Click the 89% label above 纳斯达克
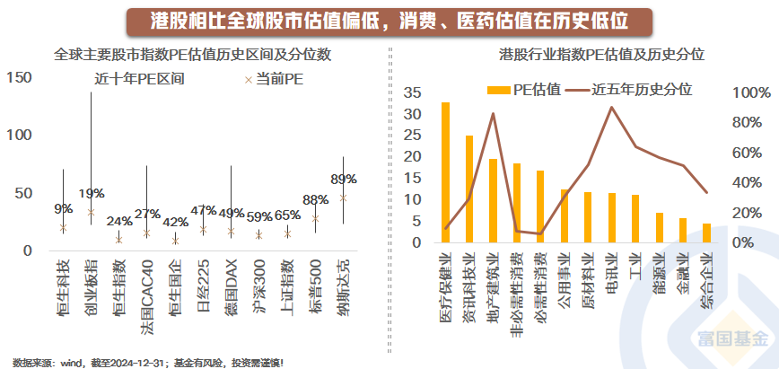coord(344,179)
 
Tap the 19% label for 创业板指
coord(92,193)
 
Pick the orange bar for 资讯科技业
coord(469,189)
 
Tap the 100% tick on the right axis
coord(750,92)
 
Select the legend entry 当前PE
coord(273,79)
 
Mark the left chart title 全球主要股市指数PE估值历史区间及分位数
coord(193,55)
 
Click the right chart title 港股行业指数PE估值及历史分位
coord(601,55)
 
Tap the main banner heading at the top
coord(389,20)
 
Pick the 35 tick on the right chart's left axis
coord(414,92)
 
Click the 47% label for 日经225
coord(204,211)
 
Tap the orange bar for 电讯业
coord(611,218)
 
